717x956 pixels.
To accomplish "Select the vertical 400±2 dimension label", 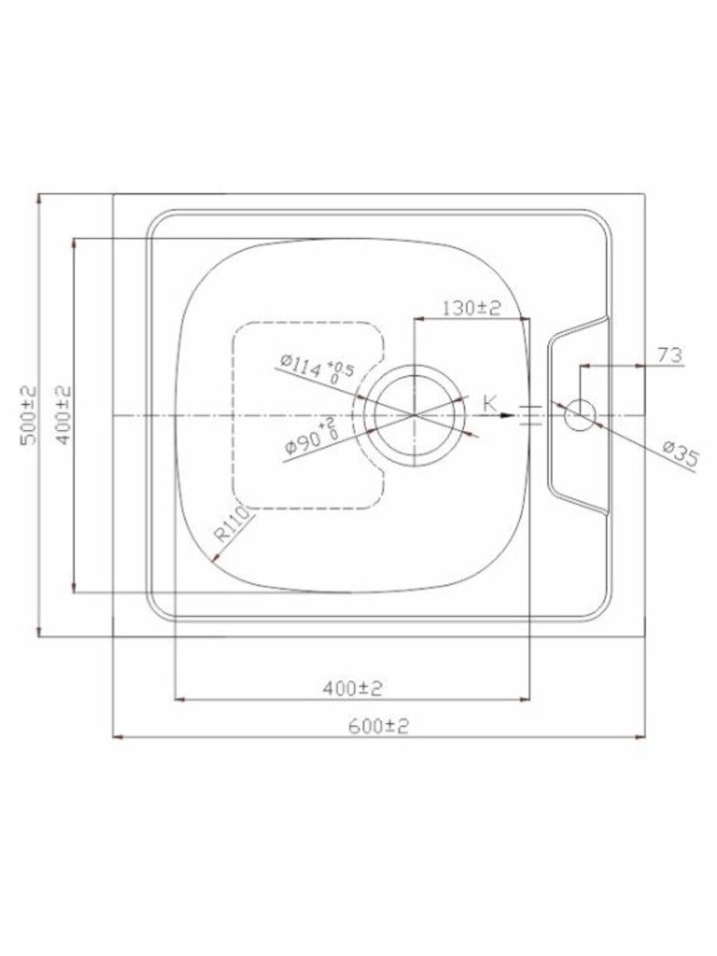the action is pyautogui.click(x=64, y=415).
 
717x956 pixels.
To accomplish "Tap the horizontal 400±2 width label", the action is pyautogui.click(x=353, y=688).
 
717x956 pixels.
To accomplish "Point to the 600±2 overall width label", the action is pyautogui.click(x=379, y=726).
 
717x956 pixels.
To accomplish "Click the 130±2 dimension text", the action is pyautogui.click(x=472, y=308).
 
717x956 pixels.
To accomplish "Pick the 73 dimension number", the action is pyautogui.click(x=669, y=356).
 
